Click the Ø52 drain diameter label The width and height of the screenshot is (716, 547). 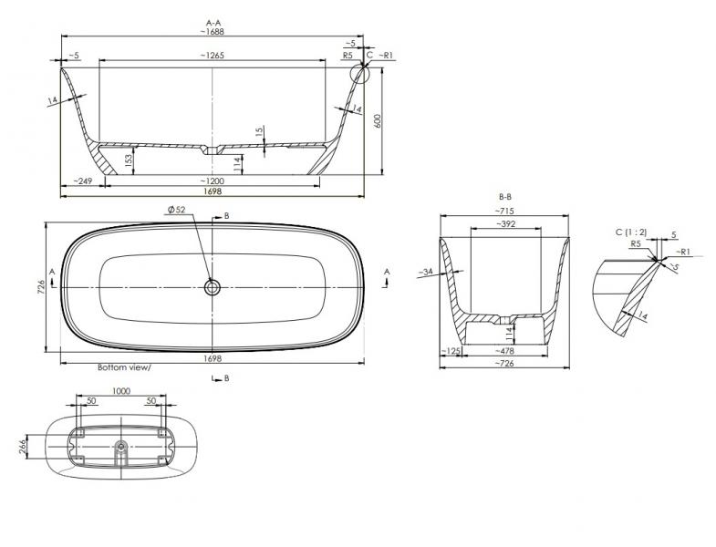pyautogui.click(x=175, y=211)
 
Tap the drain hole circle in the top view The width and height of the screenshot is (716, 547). pyautogui.click(x=212, y=287)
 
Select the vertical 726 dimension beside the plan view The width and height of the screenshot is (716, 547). pyautogui.click(x=39, y=287)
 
